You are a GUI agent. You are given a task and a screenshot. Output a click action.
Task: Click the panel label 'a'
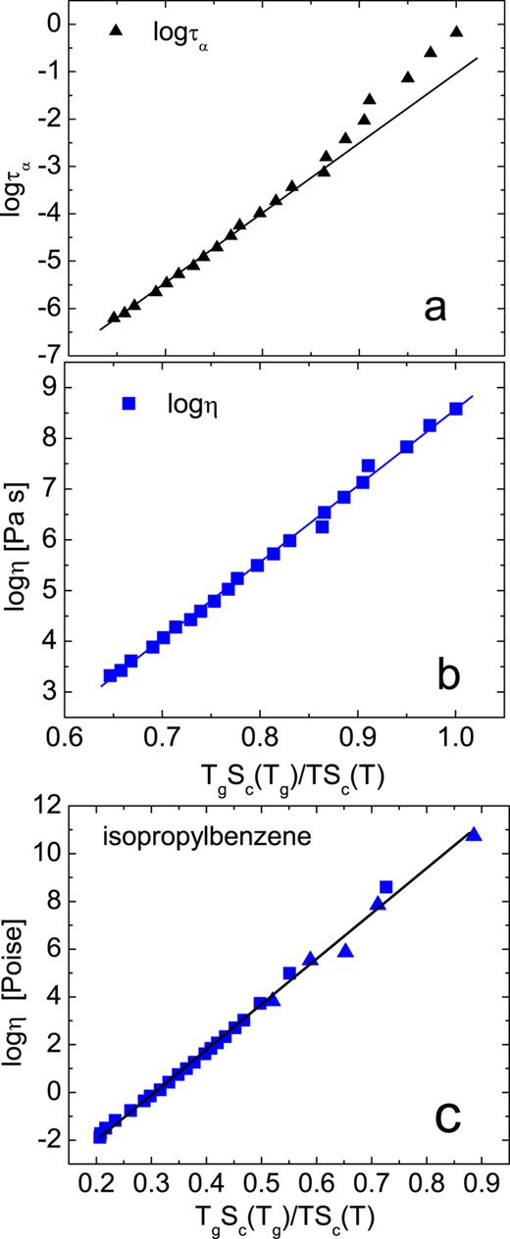[434, 310]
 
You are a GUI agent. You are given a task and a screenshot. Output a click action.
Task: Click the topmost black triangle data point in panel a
[456, 32]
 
